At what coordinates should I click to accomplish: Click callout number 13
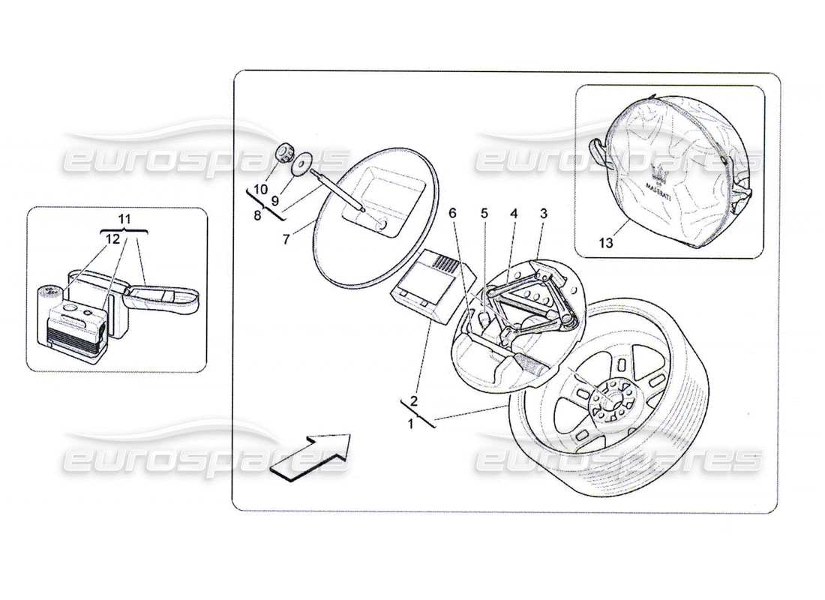(606, 243)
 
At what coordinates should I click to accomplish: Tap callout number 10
(259, 189)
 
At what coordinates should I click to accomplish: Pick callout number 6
(452, 214)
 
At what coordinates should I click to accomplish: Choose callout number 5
(484, 214)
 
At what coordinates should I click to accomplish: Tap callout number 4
(514, 214)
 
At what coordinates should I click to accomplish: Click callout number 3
(543, 214)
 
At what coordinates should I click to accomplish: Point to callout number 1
(410, 424)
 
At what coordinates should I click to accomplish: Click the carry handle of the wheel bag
(601, 151)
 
